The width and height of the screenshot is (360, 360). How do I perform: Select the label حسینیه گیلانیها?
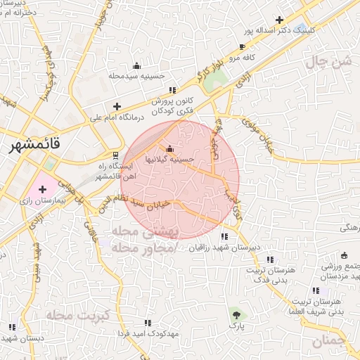click(169, 160)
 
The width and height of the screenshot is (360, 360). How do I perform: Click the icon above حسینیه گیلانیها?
click(169, 148)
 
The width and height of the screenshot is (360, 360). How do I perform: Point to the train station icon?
click(116, 155)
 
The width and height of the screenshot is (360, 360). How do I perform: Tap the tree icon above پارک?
click(236, 314)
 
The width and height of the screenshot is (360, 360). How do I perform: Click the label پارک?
click(236, 326)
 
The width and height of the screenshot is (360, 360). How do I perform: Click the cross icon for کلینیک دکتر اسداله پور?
click(281, 20)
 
